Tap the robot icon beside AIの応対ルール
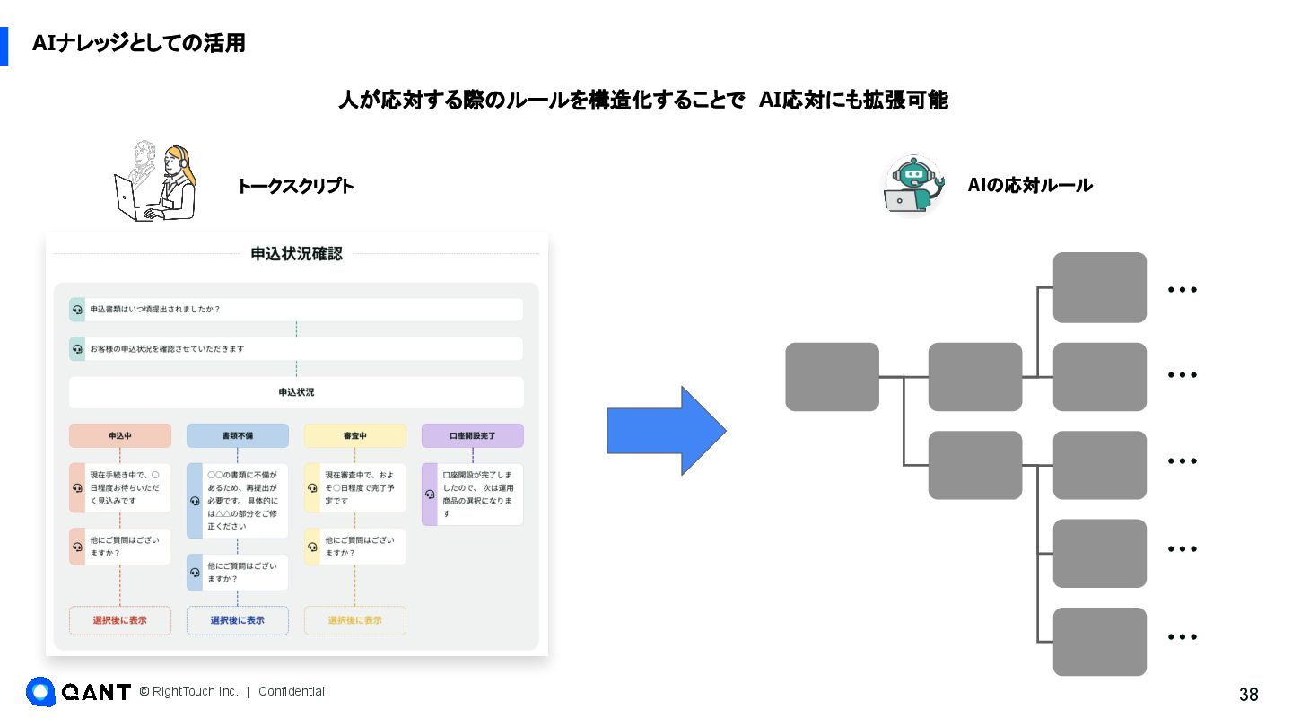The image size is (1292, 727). (x=913, y=186)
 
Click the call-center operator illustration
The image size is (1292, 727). (x=155, y=181)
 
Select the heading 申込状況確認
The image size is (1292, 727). (x=296, y=254)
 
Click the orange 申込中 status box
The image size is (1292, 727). (x=120, y=436)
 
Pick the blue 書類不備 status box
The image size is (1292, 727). (x=238, y=436)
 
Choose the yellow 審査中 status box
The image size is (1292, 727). (x=355, y=436)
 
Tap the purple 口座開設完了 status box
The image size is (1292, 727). (x=473, y=436)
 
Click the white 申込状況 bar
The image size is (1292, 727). (x=296, y=392)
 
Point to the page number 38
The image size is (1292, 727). (x=1248, y=695)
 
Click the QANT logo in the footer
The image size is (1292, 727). (x=79, y=691)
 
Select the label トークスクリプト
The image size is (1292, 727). (x=295, y=187)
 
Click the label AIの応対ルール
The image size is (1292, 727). (x=1030, y=186)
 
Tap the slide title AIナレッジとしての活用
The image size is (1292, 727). (x=139, y=43)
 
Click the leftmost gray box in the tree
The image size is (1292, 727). (x=832, y=377)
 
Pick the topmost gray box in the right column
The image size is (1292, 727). (x=1099, y=287)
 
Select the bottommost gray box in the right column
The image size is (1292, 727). (x=1099, y=642)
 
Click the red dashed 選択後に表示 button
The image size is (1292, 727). (x=120, y=620)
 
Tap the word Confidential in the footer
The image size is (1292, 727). (x=292, y=691)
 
